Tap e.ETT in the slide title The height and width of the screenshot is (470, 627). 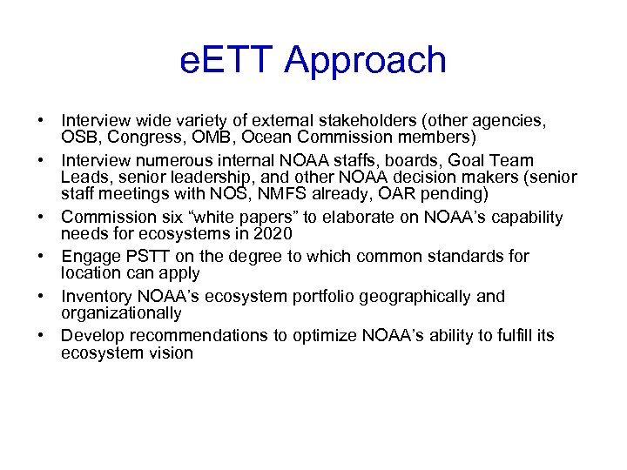226,60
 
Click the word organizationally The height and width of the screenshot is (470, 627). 121,313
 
